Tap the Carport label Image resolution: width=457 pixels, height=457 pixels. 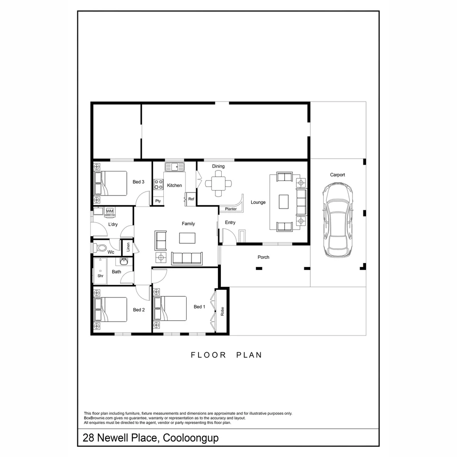pyautogui.click(x=337, y=175)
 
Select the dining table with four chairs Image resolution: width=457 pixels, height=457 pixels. pyautogui.click(x=218, y=183)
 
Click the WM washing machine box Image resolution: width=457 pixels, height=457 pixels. pyautogui.click(x=110, y=211)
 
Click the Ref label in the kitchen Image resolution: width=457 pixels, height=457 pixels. pyautogui.click(x=191, y=199)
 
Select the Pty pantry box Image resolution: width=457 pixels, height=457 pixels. pyautogui.click(x=158, y=201)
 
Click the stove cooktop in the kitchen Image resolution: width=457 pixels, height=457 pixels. pyautogui.click(x=159, y=184)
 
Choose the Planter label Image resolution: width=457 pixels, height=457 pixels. pyautogui.click(x=231, y=209)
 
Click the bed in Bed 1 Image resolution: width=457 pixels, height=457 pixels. pyautogui.click(x=170, y=308)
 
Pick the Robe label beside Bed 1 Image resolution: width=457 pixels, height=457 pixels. pyautogui.click(x=222, y=311)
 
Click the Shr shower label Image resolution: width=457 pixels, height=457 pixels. pyautogui.click(x=100, y=275)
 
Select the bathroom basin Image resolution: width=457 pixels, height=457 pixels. pyautogui.click(x=125, y=262)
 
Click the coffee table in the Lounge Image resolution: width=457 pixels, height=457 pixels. pyautogui.click(x=284, y=201)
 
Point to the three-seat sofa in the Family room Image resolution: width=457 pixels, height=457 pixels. pyautogui.click(x=187, y=258)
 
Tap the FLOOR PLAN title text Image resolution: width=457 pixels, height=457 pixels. pyautogui.click(x=226, y=355)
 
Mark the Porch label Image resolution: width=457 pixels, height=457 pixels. pyautogui.click(x=263, y=257)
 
